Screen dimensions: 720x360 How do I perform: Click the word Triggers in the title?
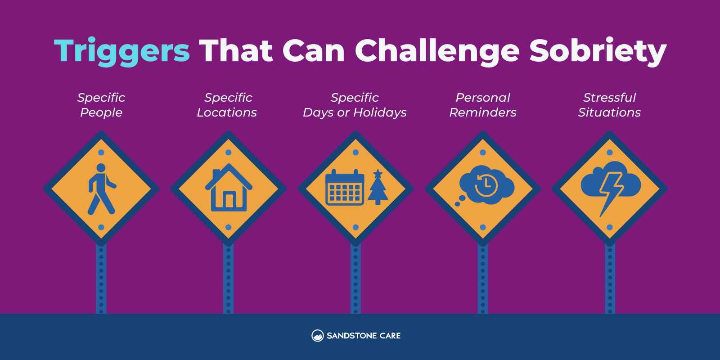(x=122, y=51)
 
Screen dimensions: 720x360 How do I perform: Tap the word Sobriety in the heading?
(x=598, y=51)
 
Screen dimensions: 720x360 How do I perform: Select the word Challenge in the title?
(x=437, y=51)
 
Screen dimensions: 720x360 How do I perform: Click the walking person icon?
(x=102, y=189)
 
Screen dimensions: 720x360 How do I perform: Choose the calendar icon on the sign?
(x=345, y=187)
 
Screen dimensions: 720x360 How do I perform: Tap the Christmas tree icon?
(x=378, y=187)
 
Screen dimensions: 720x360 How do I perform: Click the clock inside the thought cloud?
(x=486, y=185)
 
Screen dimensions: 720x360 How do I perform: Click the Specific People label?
(x=101, y=105)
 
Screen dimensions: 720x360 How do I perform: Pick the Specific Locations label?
(x=227, y=105)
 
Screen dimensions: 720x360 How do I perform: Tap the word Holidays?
(x=380, y=112)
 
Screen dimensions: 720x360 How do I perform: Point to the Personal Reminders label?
(x=483, y=105)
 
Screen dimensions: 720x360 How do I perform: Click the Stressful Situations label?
(x=609, y=105)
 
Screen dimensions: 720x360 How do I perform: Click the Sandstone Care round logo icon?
(x=318, y=336)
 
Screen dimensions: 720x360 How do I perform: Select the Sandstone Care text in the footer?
(x=364, y=336)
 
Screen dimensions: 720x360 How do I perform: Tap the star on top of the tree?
(x=378, y=174)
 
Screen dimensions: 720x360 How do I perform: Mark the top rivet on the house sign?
(x=229, y=153)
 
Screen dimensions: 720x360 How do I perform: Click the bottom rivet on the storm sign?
(x=610, y=227)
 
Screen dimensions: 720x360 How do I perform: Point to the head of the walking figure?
(x=101, y=168)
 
